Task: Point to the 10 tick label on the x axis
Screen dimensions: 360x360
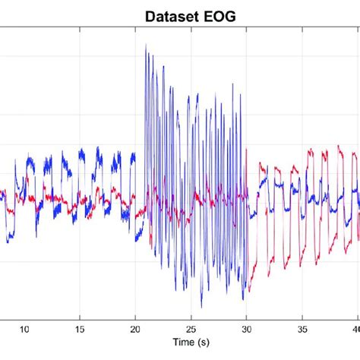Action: click(24, 329)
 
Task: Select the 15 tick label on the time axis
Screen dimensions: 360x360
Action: click(80, 329)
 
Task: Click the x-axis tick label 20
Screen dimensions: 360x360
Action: click(135, 329)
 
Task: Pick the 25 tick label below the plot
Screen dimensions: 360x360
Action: click(191, 329)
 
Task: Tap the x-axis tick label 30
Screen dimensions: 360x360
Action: click(247, 329)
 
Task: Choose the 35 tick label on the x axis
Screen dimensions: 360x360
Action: click(302, 329)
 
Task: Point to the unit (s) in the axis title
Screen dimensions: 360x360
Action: click(202, 343)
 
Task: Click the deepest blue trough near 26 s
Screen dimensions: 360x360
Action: click(201, 307)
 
